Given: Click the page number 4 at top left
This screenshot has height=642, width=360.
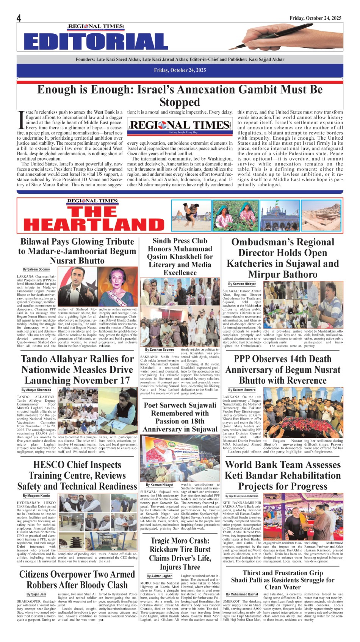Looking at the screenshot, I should pyautogui.click(x=19, y=18).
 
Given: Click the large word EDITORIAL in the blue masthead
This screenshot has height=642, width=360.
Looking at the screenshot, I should pyautogui.click(x=95, y=41).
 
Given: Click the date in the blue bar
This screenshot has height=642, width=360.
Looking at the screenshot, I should pyautogui.click(x=180, y=70).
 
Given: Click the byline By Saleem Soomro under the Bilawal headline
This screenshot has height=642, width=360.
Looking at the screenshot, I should pyautogui.click(x=36, y=269).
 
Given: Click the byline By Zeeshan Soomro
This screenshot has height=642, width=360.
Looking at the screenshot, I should pyautogui.click(x=160, y=350).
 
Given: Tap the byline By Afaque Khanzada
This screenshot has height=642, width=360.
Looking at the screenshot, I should pyautogui.click(x=36, y=390).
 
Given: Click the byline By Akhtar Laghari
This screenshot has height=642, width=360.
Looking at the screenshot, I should pyautogui.click(x=160, y=576).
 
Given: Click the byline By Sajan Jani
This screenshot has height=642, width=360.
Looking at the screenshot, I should pyautogui.click(x=36, y=594).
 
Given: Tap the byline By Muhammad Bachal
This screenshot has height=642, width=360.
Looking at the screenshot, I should pyautogui.click(x=242, y=594).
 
